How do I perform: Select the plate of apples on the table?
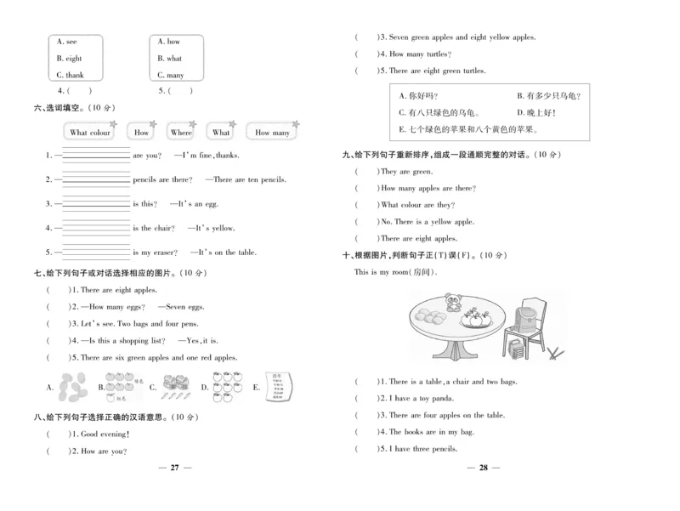pos(474,321)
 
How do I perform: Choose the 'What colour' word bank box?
pos(90,133)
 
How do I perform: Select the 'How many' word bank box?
pos(272,133)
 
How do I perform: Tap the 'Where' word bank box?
pos(181,133)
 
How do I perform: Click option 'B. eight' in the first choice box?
pos(69,59)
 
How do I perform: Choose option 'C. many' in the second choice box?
pos(171,75)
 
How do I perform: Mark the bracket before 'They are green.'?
pos(366,171)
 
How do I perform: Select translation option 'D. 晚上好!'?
pos(535,112)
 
